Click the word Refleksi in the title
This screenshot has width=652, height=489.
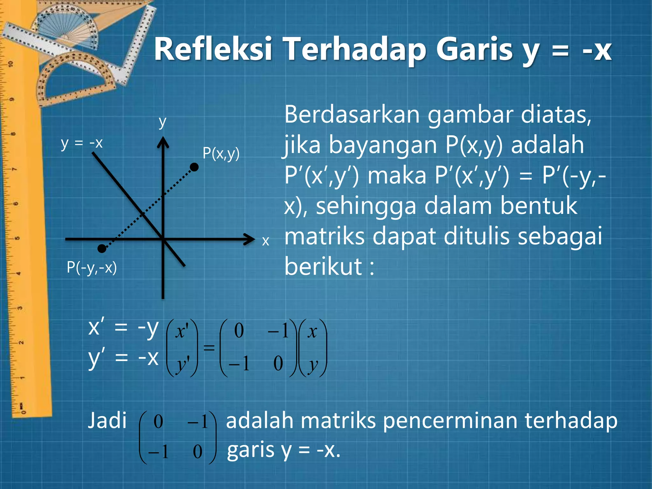click(x=213, y=49)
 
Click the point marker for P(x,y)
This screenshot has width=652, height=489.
click(x=194, y=167)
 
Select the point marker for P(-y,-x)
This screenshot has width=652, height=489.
click(x=102, y=248)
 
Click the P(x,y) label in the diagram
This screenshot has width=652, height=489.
click(x=221, y=154)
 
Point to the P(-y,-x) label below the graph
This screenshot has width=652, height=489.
click(x=92, y=267)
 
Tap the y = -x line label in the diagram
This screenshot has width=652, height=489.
click(x=82, y=143)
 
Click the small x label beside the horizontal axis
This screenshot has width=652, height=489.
click(x=266, y=241)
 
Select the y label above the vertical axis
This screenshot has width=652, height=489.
click(x=162, y=122)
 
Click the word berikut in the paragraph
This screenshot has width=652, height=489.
click(x=323, y=266)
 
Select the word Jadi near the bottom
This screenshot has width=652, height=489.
click(x=107, y=421)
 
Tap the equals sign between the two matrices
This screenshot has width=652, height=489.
click(x=209, y=347)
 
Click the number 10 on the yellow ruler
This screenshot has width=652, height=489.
click(x=11, y=64)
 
